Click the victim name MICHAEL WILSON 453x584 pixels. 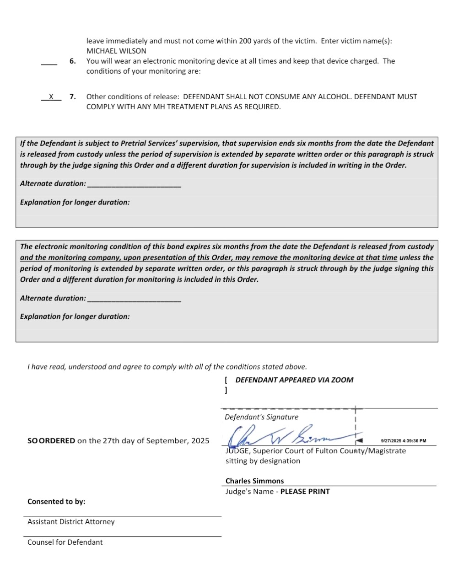point(116,51)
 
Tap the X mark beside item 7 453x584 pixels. point(51,96)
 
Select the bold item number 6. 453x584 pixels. point(72,61)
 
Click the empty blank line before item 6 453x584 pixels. point(49,63)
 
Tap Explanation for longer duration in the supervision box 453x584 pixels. point(75,202)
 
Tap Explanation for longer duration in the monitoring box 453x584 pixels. point(75,316)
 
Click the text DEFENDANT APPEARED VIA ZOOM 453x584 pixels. point(294,380)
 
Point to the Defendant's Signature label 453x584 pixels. point(261,417)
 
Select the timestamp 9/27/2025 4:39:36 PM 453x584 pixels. point(403,441)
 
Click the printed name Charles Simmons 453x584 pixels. point(254,481)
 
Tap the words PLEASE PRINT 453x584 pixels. point(305,492)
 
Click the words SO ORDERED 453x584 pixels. point(51,441)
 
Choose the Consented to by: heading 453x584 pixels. point(56,502)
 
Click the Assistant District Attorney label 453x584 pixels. point(71,522)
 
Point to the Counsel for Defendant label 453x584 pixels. point(65,542)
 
